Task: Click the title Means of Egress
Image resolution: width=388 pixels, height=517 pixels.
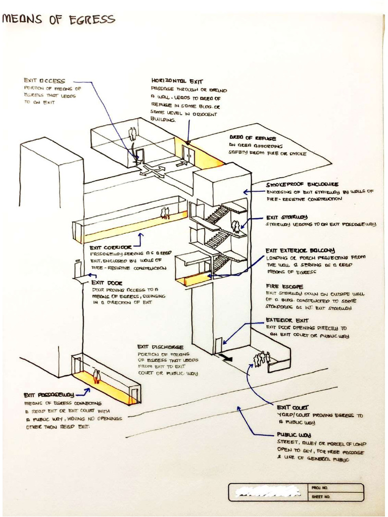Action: [x=59, y=20]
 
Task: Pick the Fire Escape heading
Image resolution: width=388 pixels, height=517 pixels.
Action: [x=284, y=286]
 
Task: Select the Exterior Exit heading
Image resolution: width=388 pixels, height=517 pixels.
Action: [x=287, y=320]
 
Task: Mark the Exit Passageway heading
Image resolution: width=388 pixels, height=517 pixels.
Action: [x=49, y=395]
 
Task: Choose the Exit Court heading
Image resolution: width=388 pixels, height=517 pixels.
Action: [x=293, y=407]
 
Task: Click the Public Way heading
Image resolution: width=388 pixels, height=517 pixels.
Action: [x=294, y=435]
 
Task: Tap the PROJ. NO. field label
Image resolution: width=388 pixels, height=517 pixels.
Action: [x=317, y=488]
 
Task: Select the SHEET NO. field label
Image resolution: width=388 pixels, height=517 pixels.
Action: [x=318, y=497]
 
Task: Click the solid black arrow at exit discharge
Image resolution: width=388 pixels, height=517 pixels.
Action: [x=226, y=358]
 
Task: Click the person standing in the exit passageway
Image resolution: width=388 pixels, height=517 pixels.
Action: [x=96, y=376]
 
